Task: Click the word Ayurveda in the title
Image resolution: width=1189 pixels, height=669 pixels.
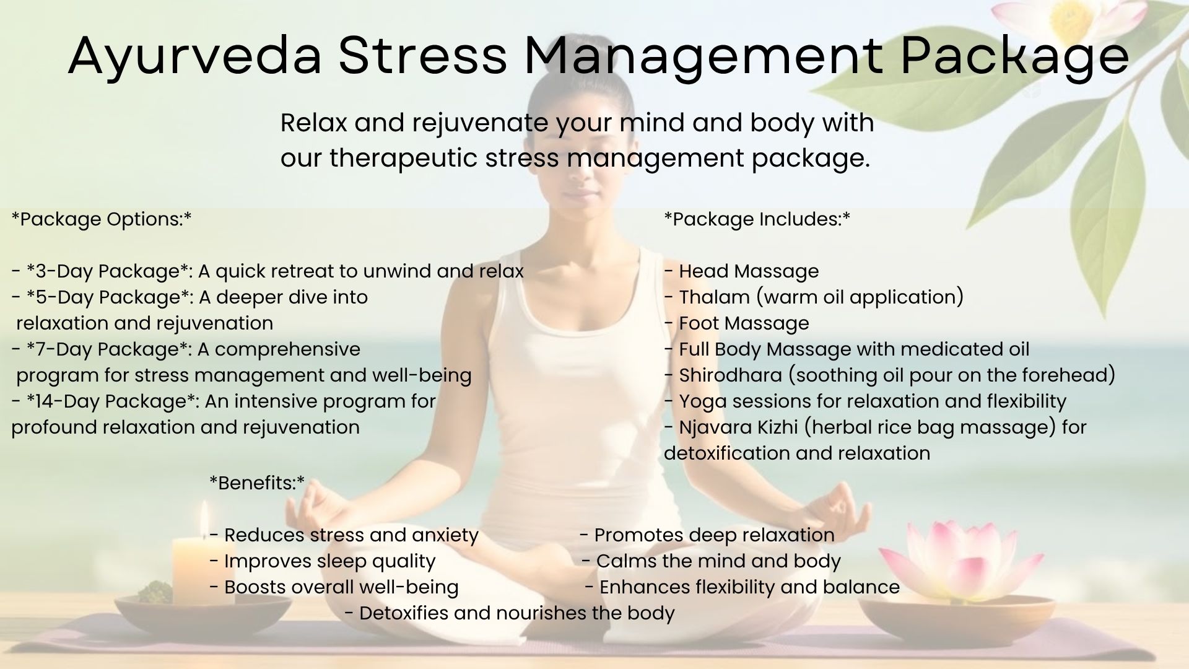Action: click(194, 56)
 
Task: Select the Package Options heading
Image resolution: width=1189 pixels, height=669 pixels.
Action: click(102, 219)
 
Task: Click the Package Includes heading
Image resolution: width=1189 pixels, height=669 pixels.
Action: click(757, 219)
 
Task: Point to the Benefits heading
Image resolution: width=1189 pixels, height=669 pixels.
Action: click(258, 483)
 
